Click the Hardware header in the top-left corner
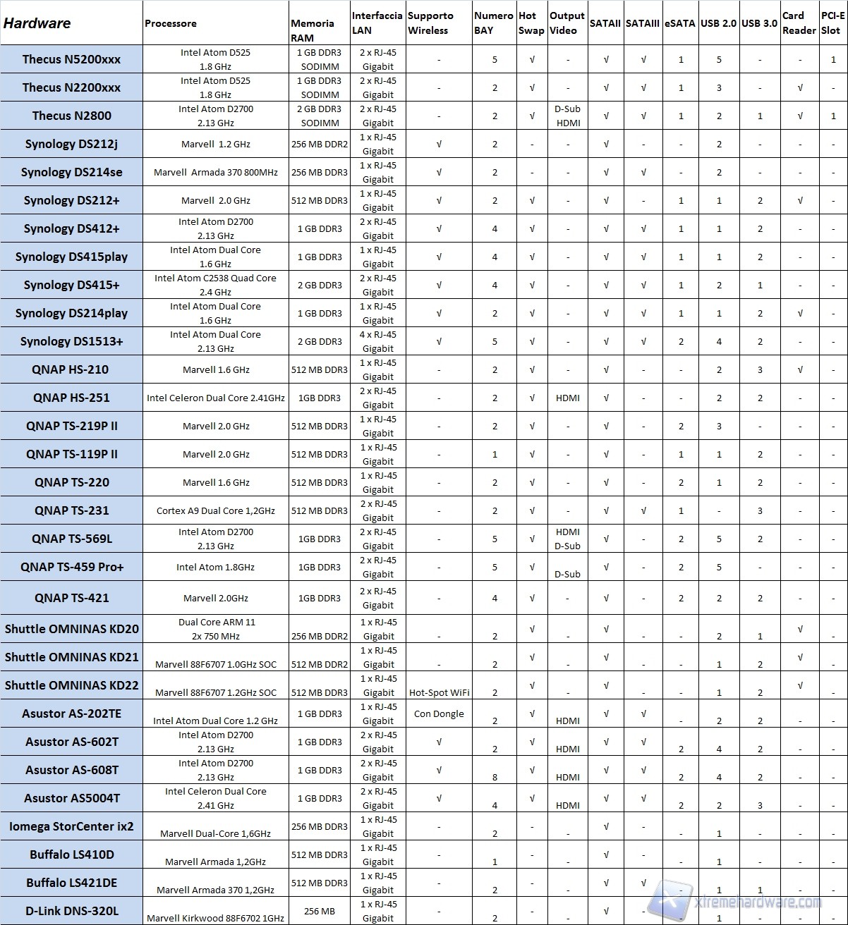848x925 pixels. click(x=37, y=23)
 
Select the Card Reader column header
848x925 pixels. click(x=799, y=23)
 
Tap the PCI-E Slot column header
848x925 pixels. click(x=832, y=23)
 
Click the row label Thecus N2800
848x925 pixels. click(x=72, y=116)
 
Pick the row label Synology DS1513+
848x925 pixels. click(x=72, y=341)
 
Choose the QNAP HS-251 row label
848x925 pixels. click(x=72, y=398)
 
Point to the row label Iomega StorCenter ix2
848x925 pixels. click(x=72, y=826)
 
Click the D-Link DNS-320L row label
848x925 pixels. click(x=72, y=911)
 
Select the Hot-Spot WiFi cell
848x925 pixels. click(x=439, y=692)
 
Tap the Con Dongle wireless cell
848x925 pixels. click(x=439, y=713)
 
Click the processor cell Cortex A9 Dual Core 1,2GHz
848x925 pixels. click(x=216, y=510)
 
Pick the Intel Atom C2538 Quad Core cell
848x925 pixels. click(x=216, y=285)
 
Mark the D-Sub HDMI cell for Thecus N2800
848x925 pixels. click(x=568, y=116)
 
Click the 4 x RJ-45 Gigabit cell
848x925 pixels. click(x=378, y=341)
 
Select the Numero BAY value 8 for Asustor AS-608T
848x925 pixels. click(x=495, y=777)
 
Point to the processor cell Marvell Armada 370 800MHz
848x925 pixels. click(x=216, y=172)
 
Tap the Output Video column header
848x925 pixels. click(x=567, y=23)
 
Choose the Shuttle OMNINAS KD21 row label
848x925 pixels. click(x=72, y=657)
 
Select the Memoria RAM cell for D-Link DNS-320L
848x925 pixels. click(x=320, y=911)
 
